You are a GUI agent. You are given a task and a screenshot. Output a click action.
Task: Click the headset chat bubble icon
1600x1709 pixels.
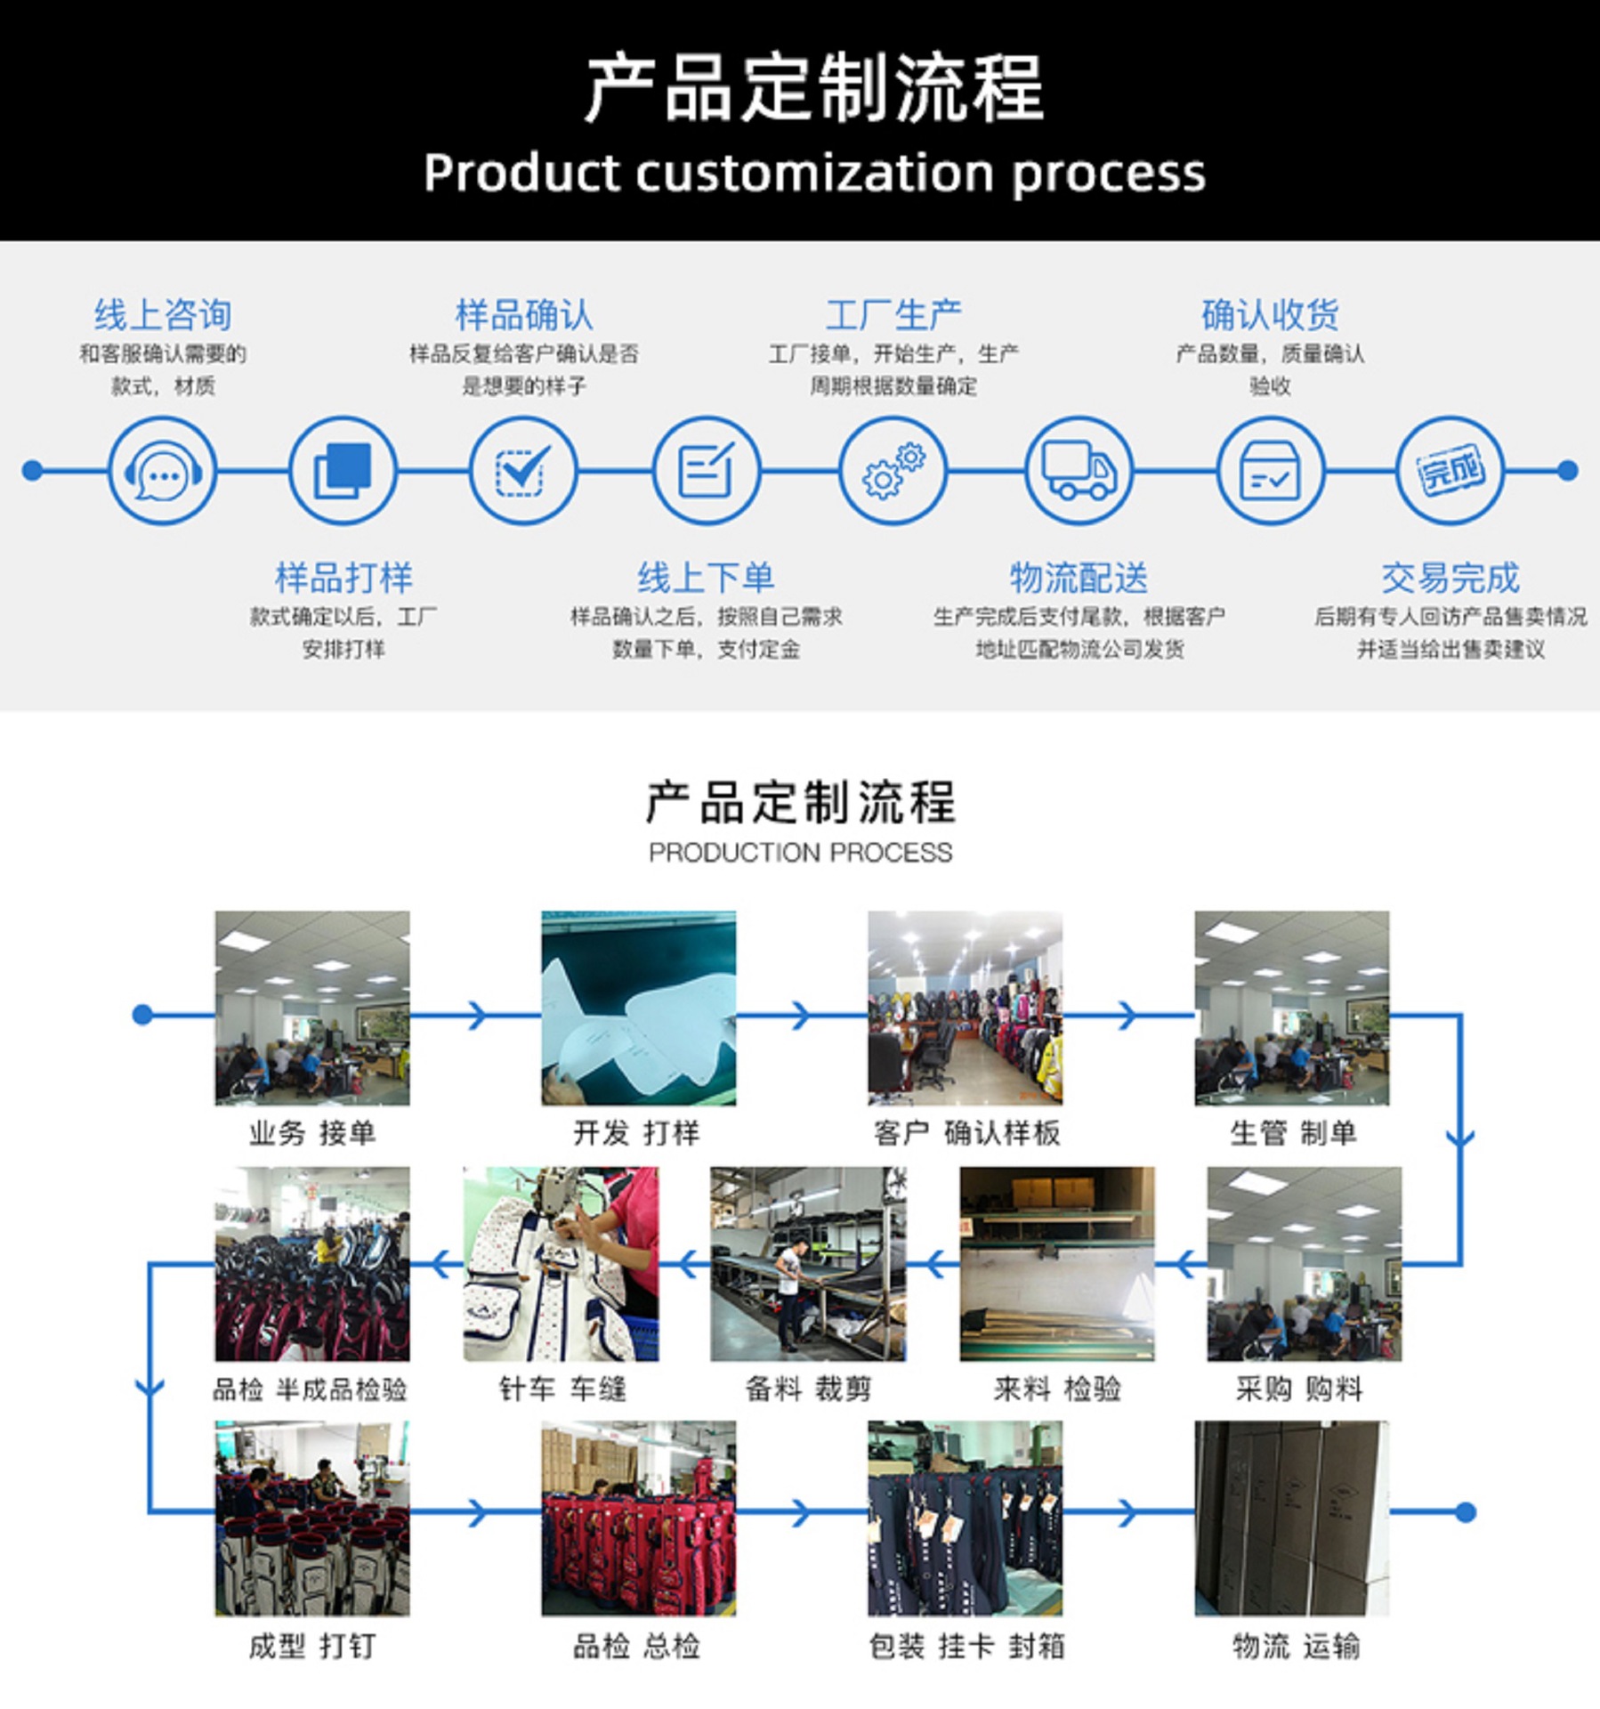coord(162,471)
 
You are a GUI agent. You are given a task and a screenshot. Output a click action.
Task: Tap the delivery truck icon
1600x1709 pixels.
coord(1079,471)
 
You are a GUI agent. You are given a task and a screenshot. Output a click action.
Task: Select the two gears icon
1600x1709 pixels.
coord(893,471)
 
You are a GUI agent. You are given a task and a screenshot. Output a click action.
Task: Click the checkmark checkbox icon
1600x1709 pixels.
coord(522,471)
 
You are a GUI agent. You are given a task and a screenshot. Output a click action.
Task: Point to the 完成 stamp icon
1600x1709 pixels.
coord(1451,471)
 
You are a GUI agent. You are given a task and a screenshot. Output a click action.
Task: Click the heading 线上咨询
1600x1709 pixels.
coord(163,315)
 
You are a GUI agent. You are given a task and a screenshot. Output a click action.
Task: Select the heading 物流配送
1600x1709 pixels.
coord(1079,579)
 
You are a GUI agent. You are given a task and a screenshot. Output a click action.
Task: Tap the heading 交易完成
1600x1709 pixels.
coord(1451,579)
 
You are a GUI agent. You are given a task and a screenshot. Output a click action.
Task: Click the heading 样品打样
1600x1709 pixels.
coord(343,579)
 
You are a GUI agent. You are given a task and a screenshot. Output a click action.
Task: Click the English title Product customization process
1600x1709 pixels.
coord(813,173)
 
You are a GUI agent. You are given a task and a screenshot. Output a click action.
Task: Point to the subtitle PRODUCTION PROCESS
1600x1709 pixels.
coord(800,853)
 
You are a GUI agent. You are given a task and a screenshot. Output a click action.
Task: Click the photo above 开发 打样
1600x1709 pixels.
coord(638,1008)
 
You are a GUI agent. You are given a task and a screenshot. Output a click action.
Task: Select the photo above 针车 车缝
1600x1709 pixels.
coord(561,1264)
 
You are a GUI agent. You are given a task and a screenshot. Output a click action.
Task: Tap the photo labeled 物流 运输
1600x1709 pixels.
coord(1291,1519)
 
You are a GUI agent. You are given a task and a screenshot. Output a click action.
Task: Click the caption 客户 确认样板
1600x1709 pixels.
coord(966,1133)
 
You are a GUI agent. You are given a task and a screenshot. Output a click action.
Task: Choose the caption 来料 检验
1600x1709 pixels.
coord(1056,1389)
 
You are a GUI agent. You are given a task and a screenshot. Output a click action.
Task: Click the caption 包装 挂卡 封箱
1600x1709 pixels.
coord(966,1647)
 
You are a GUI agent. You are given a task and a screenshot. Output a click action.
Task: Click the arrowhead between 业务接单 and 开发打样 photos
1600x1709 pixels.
coord(478,1015)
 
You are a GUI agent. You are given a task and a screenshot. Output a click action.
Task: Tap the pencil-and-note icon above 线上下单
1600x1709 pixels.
coord(706,471)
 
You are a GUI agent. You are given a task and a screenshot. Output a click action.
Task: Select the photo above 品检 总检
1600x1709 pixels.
coord(638,1519)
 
